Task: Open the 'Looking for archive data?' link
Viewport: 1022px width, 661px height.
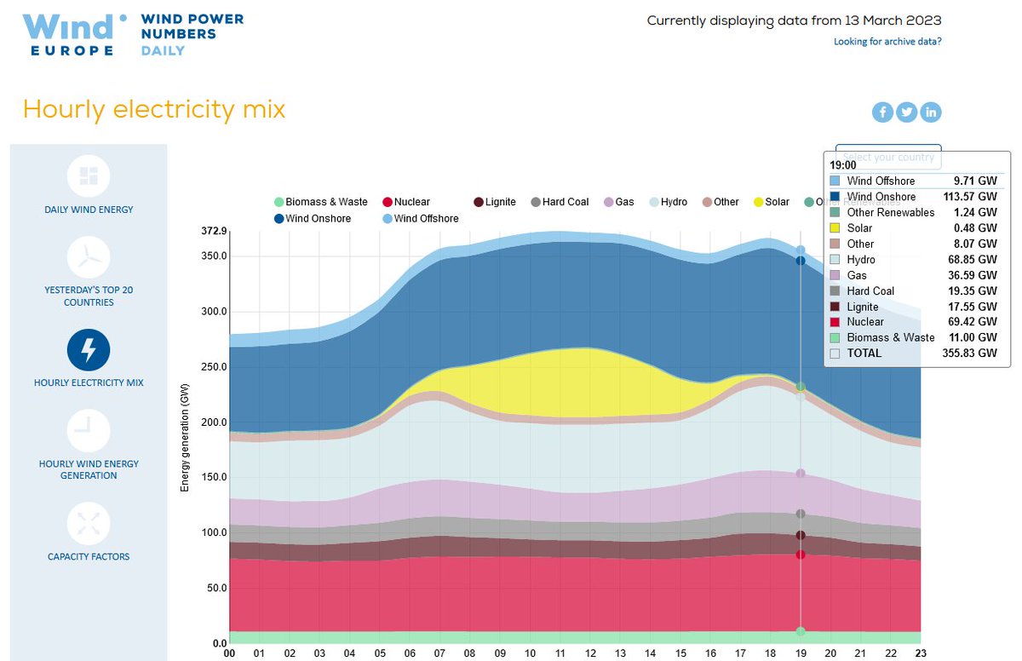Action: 887,41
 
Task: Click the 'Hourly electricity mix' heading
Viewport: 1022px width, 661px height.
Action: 154,109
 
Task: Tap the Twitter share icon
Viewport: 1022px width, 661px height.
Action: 906,112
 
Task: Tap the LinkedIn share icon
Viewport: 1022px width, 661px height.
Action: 930,112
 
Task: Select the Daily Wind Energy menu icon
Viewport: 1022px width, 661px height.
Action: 89,175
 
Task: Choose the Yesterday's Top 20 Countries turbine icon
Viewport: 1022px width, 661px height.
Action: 89,257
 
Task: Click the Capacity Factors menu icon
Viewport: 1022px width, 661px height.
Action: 89,523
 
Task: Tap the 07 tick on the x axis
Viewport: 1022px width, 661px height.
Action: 439,653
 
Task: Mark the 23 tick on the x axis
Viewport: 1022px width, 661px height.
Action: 922,653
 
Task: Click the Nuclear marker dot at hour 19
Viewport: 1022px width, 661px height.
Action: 801,555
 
